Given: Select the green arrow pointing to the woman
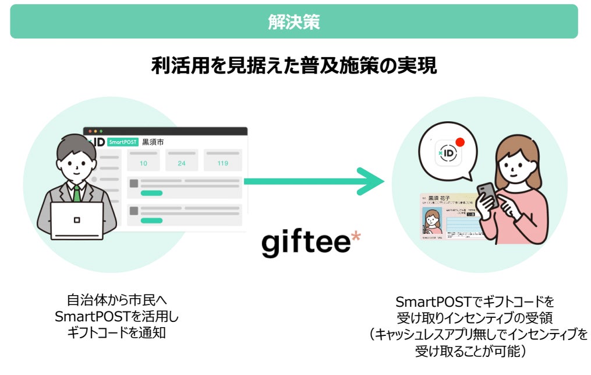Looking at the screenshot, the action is pos(315,181).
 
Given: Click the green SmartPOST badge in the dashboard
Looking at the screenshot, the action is pos(122,142).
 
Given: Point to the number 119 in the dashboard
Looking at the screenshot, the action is pos(222,163).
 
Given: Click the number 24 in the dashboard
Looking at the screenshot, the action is pos(182,163).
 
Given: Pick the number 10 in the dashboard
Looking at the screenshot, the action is pos(143,163).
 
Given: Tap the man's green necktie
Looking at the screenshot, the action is pos(77,193).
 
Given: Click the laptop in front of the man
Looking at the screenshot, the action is pos(77,220).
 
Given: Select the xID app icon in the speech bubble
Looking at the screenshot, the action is pos(449,153).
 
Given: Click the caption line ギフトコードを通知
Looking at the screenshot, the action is pos(116,332).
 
